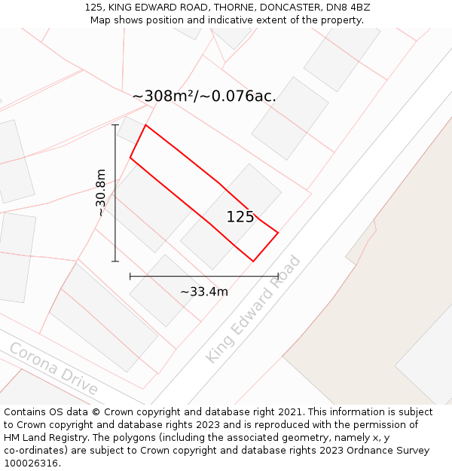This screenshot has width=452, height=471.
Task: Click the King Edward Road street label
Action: (x=253, y=310)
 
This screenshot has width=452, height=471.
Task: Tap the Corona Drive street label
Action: (x=53, y=369)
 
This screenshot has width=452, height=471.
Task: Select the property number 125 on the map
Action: (x=240, y=217)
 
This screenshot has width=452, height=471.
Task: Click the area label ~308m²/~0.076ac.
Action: (x=204, y=96)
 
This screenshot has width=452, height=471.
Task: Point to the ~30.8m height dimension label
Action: (x=100, y=193)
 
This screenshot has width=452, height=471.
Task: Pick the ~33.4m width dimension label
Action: (x=203, y=292)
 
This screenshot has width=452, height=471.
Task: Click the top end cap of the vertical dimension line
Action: (x=115, y=125)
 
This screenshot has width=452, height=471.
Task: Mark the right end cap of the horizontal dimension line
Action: (x=278, y=277)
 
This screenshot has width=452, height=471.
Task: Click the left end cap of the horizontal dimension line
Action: (x=130, y=277)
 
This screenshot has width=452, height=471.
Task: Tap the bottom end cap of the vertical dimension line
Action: (x=115, y=261)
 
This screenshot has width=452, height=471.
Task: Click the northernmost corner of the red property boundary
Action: (x=145, y=125)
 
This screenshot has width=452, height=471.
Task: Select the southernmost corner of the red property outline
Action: (x=253, y=261)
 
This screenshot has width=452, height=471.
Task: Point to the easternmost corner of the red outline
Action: (x=278, y=233)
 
